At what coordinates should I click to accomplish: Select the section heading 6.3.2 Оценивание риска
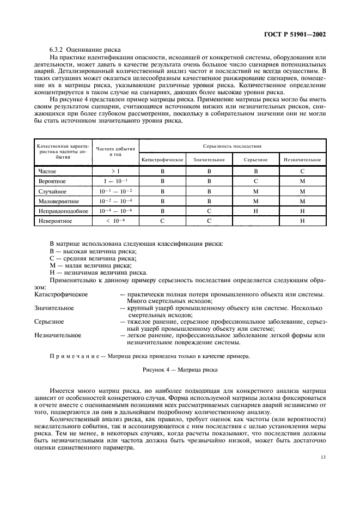pos(85,50)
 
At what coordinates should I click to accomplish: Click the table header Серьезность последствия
pos(232,146)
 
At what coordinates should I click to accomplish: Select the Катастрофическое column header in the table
pos(162,160)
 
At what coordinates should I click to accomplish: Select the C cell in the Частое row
pos(302,171)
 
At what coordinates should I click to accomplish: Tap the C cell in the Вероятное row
pos(255,181)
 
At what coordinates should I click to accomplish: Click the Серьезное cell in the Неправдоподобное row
pos(255,211)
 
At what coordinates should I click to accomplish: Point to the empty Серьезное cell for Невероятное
pos(255,221)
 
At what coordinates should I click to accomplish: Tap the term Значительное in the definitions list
pos(54,308)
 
